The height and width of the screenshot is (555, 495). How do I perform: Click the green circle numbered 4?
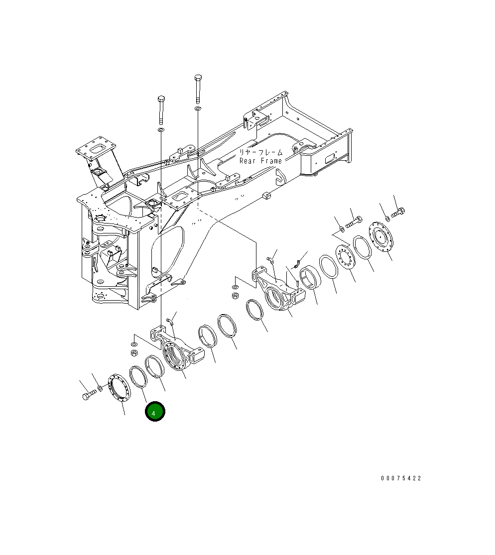coord(154,412)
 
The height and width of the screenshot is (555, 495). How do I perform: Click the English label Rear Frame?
coord(260,161)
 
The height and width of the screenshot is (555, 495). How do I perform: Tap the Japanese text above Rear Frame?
coord(260,152)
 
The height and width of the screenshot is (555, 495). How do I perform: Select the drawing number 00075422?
coord(401,478)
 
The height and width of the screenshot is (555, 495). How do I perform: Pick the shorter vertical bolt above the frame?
coord(161,110)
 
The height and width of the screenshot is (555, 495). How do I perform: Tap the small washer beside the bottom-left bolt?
coord(101,387)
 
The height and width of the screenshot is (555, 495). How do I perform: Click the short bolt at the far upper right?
coord(398,213)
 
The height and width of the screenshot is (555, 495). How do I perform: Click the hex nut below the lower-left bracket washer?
coord(133,353)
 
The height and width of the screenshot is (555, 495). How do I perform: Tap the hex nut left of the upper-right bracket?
coord(236,296)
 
